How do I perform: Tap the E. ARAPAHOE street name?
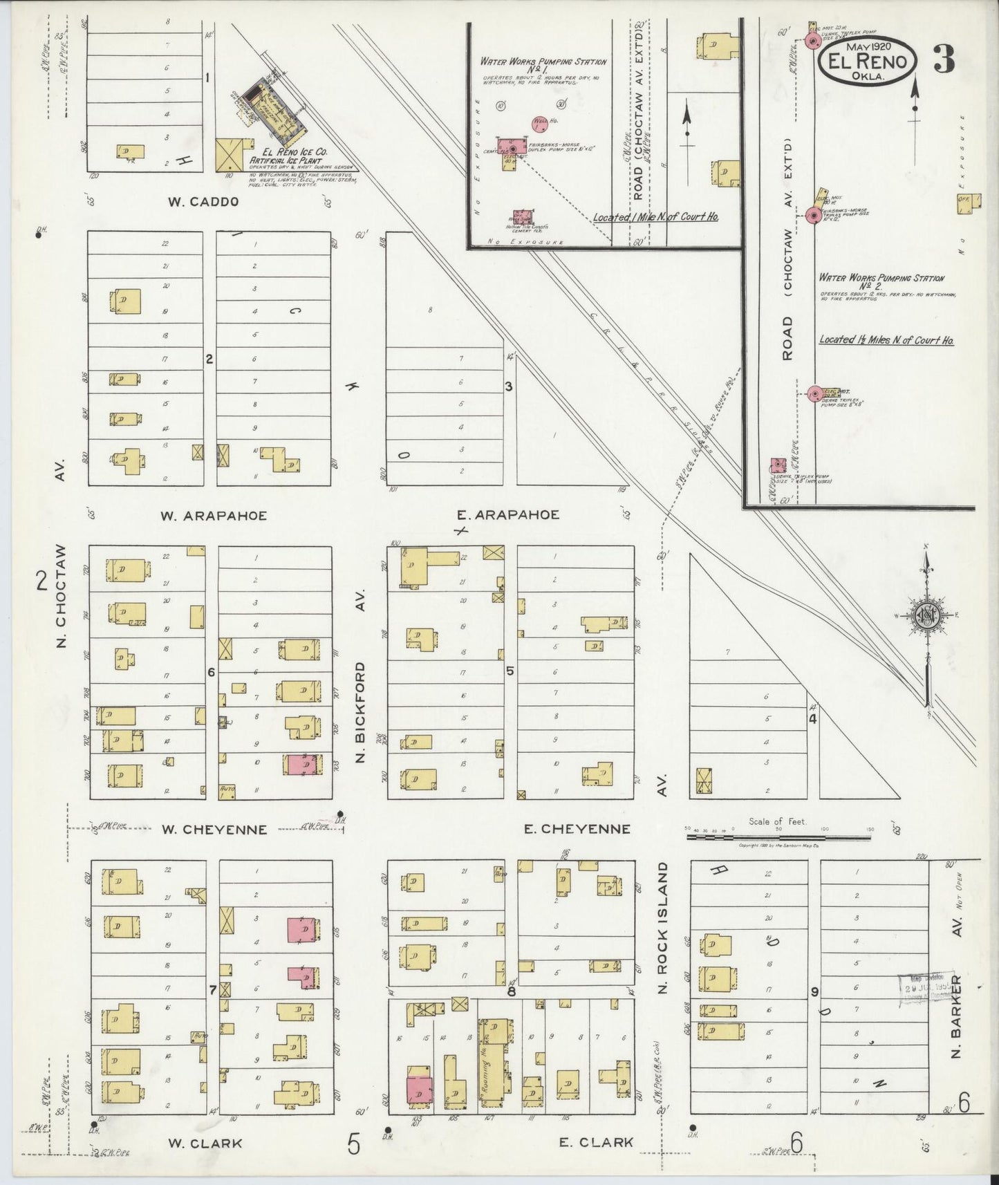click(x=508, y=514)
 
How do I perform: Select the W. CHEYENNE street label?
click(x=214, y=829)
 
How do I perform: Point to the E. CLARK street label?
click(x=596, y=1143)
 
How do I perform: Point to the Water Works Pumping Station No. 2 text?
click(x=881, y=281)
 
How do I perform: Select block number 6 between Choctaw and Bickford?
click(x=212, y=672)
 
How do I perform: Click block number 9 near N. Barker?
click(x=814, y=992)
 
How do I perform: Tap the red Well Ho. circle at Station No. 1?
click(x=541, y=124)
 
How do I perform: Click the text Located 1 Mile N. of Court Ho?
click(x=655, y=217)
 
